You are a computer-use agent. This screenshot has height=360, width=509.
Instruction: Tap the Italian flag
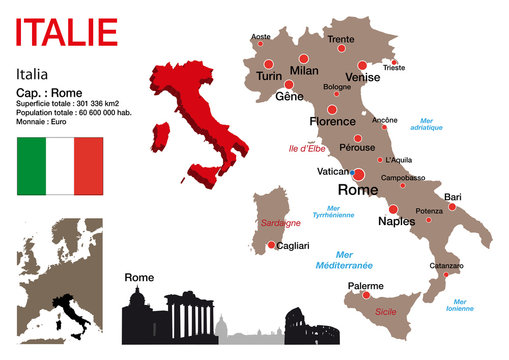click(60, 167)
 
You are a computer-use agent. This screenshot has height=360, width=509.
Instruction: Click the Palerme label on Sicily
click(365, 285)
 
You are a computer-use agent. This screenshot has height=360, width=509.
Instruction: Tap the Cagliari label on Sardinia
click(292, 245)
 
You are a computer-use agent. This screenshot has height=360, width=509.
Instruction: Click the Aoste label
click(260, 36)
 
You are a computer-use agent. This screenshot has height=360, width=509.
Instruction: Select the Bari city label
click(453, 196)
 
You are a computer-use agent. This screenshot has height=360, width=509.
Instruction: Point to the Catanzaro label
click(446, 265)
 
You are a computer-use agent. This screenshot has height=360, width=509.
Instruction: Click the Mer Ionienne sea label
click(461, 304)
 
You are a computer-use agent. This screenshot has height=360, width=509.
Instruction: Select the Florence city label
click(334, 121)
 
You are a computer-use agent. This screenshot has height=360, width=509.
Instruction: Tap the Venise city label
click(361, 76)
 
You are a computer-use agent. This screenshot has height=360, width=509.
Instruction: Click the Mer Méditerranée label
click(340, 260)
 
